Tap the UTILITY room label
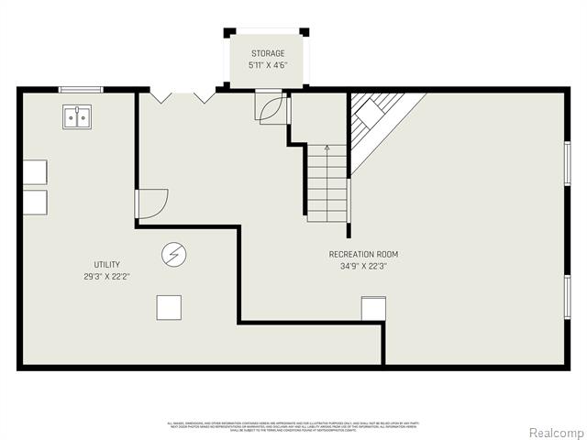click(106, 264)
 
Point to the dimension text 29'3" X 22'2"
click(106, 276)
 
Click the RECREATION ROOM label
click(363, 254)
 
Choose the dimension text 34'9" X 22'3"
click(363, 267)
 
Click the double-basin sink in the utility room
click(76, 117)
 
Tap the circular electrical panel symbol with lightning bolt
click(173, 254)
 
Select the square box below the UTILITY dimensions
click(169, 307)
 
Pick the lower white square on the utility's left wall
click(34, 203)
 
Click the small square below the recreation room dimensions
click(373, 309)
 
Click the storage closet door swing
click(272, 110)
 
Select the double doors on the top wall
click(183, 94)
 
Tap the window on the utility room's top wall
click(79, 89)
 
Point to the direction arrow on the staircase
click(327, 147)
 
